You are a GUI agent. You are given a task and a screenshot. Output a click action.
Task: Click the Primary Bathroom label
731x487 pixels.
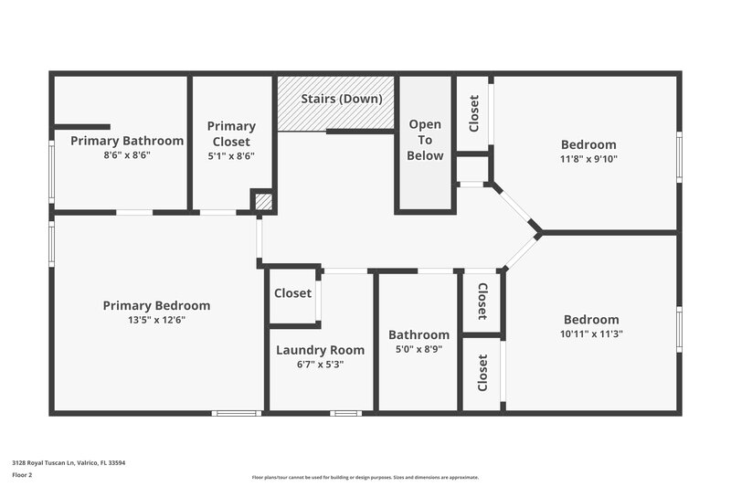click(127, 141)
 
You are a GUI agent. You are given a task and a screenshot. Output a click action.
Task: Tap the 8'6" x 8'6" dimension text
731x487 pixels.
click(127, 155)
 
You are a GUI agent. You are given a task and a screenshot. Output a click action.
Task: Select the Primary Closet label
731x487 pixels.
click(231, 133)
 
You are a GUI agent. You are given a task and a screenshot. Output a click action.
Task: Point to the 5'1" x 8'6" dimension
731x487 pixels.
click(231, 155)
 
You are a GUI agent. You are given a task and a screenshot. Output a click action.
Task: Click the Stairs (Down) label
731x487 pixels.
click(342, 99)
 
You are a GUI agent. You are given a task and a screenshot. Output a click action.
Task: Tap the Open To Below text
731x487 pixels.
click(425, 140)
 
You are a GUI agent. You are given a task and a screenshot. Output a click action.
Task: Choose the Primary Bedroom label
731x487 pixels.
click(156, 305)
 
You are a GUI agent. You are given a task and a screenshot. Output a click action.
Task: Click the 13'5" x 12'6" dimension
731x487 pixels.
click(156, 320)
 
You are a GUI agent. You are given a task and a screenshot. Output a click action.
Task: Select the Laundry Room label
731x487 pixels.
click(320, 350)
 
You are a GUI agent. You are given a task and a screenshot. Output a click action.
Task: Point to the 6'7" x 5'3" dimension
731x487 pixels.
click(320, 364)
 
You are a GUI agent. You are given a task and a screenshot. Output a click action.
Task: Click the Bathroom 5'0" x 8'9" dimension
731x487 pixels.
click(418, 349)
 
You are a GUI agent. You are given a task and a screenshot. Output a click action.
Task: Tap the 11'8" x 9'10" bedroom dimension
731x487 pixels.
click(588, 159)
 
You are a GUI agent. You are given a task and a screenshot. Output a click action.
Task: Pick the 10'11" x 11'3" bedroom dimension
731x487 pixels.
click(591, 334)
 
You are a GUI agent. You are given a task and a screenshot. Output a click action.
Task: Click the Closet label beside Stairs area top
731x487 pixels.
click(473, 114)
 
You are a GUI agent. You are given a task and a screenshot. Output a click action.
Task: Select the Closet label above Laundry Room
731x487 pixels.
click(292, 293)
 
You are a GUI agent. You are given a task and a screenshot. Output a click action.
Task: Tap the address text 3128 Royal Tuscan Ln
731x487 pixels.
click(69, 463)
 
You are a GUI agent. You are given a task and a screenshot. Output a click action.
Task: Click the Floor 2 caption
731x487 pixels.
click(23, 475)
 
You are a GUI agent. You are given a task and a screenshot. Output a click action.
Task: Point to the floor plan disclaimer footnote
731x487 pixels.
click(365, 477)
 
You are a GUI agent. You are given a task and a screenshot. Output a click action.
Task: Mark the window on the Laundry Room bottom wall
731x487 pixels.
click(345, 413)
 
